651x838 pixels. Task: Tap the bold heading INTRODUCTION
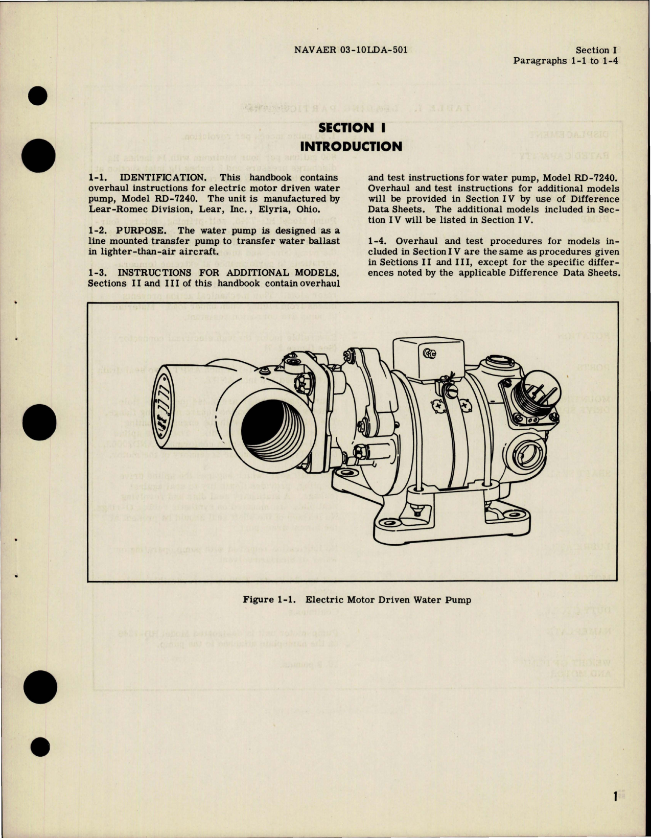click(351, 147)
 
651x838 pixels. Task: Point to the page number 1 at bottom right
click(616, 796)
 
